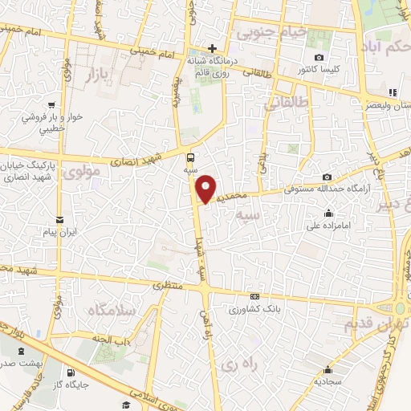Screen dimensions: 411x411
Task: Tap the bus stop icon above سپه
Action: click(191, 157)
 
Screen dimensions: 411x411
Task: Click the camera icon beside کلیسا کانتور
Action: click(319, 58)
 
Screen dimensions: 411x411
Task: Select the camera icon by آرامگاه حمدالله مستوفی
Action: click(328, 177)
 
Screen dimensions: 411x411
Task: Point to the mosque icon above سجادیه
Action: click(328, 370)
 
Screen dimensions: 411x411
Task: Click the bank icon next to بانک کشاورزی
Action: click(255, 295)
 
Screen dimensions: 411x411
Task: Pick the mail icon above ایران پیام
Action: click(59, 220)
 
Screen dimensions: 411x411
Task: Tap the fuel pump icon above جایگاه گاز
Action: click(71, 372)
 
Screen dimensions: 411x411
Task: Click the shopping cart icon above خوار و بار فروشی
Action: click(51, 104)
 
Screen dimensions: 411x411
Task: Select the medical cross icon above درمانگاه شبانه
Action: click(212, 48)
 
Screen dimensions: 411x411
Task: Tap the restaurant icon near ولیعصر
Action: click(393, 92)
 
